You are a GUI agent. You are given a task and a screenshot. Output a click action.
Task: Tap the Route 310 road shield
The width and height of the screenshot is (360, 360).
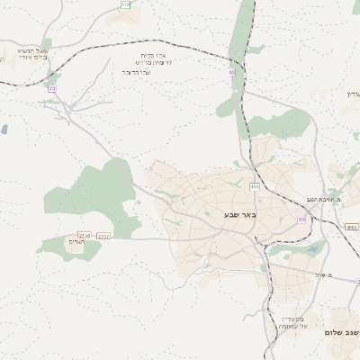click(125, 5)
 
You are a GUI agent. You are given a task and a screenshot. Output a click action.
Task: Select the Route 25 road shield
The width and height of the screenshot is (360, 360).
click(52, 88)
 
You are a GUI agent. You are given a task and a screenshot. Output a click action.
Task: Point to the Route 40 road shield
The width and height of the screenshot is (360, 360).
click(232, 71)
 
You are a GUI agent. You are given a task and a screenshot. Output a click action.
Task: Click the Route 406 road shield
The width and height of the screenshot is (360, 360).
click(255, 187)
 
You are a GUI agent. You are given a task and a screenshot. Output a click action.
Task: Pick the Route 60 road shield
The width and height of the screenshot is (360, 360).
click(301, 219)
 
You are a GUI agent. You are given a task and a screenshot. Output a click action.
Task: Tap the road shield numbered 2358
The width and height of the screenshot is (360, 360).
click(85, 236)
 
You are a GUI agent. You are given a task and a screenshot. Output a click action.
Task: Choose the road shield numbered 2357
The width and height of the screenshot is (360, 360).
click(103, 236)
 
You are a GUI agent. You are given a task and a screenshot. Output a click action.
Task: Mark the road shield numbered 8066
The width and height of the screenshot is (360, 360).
click(350, 227)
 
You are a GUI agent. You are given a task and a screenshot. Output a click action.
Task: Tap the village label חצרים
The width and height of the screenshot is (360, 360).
click(76, 241)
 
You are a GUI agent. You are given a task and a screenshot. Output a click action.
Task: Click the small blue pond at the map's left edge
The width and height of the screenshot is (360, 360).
click(4, 130)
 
